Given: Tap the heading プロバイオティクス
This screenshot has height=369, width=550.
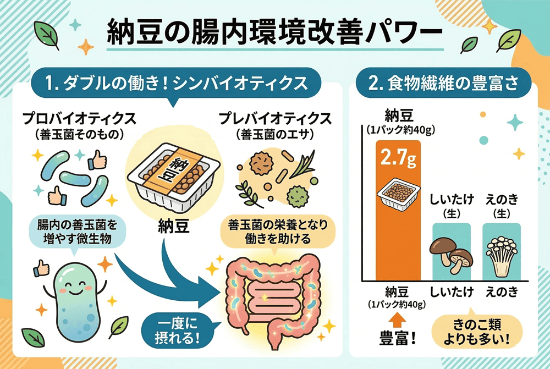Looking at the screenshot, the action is click(x=79, y=119).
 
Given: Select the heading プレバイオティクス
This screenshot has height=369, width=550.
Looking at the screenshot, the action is click(x=275, y=119).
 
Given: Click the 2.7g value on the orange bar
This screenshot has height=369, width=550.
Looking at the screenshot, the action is click(x=398, y=157).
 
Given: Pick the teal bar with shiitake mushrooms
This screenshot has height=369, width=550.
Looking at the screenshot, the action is click(x=452, y=252).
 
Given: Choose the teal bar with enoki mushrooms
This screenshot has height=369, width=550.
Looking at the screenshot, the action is click(x=502, y=252).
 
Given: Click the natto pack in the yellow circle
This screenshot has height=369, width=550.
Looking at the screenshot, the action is click(x=174, y=178).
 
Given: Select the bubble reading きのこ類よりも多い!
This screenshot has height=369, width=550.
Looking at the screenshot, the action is click(x=477, y=332).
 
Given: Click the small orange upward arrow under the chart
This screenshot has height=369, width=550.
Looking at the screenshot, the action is click(x=398, y=320).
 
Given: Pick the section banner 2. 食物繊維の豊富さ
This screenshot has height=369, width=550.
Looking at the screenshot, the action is click(x=443, y=84).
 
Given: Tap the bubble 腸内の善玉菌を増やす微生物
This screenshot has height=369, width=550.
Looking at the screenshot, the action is click(x=77, y=232).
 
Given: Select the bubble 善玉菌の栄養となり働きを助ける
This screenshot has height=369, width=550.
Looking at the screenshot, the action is click(x=278, y=232).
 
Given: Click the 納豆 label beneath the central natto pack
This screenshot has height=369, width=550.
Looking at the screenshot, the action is click(x=174, y=226).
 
